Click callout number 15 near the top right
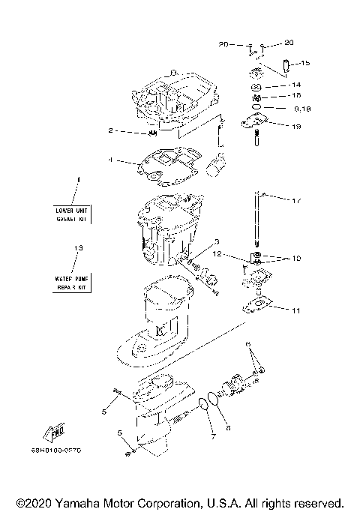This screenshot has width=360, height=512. (x=306, y=63)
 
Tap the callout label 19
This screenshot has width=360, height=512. (x=297, y=127)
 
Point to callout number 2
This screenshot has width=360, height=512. (x=111, y=130)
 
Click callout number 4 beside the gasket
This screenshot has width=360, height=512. (x=111, y=160)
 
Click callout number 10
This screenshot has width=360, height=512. (x=296, y=259)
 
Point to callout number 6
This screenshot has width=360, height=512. (x=248, y=344)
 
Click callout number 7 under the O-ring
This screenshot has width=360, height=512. (x=212, y=437)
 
